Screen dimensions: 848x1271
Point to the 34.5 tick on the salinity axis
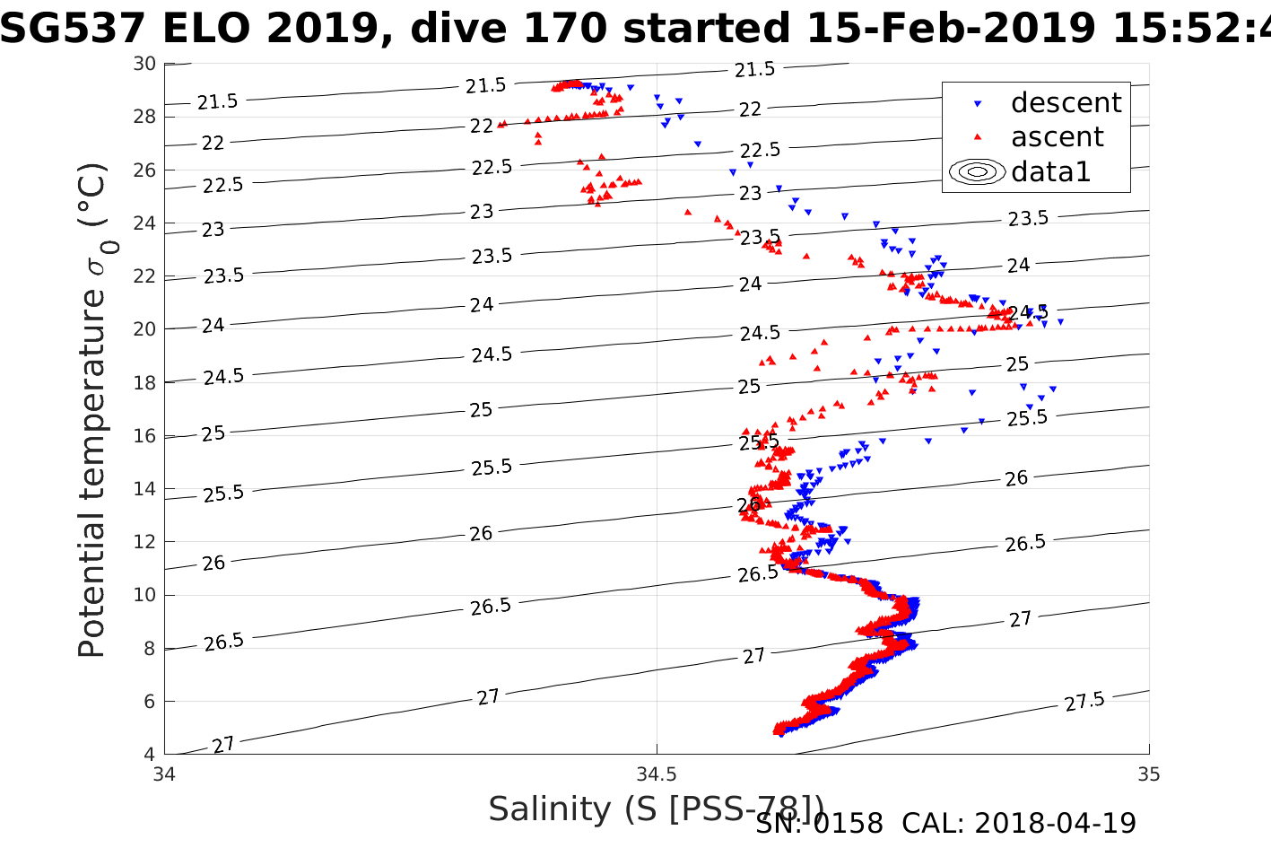[657, 774]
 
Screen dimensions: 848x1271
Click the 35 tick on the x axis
[1148, 774]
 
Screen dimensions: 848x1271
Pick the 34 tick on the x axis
[164, 774]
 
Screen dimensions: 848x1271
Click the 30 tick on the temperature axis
[144, 64]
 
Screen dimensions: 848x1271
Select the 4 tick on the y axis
[150, 754]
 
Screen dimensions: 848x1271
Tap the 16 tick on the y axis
[144, 436]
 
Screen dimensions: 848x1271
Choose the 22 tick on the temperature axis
[144, 276]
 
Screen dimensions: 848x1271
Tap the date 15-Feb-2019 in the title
[951, 29]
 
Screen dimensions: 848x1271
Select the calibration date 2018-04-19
[1055, 823]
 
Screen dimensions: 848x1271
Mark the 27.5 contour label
[1084, 702]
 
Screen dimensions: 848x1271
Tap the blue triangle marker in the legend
[978, 104]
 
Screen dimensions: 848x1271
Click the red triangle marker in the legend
[978, 137]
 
